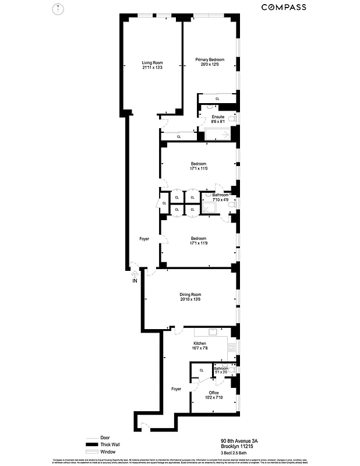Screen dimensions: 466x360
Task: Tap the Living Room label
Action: [152, 62]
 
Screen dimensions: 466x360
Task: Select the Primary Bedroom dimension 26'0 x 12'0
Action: [210, 64]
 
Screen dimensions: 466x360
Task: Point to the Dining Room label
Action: [190, 294]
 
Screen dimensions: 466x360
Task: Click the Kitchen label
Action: [200, 344]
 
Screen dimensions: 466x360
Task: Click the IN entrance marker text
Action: [135, 281]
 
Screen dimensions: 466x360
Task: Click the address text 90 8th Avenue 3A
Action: [240, 441]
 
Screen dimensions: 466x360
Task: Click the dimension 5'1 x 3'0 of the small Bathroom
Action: [221, 372]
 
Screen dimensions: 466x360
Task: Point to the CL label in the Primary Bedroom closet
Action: [217, 99]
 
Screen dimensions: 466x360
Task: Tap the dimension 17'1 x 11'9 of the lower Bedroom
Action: [199, 243]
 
